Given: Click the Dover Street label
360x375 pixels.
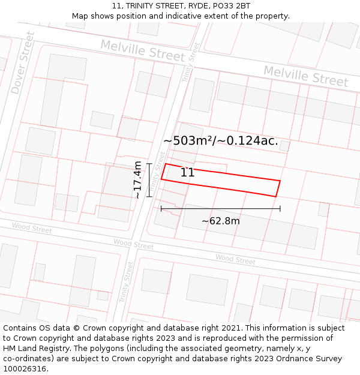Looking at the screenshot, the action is tap(23, 63).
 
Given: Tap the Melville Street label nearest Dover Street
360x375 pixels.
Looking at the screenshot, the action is tap(143, 50).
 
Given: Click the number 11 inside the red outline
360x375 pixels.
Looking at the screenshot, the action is tap(187, 173).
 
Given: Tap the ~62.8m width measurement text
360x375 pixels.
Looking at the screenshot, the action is tap(220, 221).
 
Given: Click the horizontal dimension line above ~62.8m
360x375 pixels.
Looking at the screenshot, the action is tap(220, 209).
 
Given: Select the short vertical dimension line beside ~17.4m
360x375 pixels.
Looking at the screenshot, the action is tap(148, 180).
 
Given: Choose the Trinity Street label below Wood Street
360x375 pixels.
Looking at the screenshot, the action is tap(128, 281).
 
